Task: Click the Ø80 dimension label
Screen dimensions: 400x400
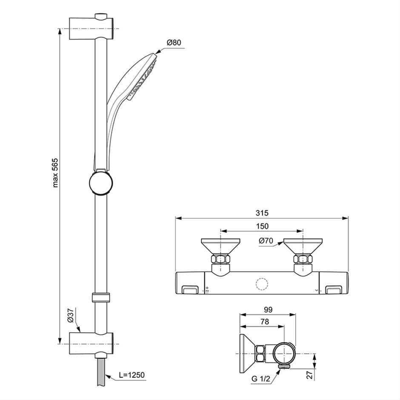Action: click(x=174, y=43)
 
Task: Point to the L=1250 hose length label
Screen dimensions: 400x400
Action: click(x=131, y=375)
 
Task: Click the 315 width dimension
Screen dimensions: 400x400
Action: click(x=262, y=213)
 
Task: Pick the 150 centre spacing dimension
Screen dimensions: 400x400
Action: click(x=262, y=226)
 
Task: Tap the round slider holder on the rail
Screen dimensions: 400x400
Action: click(x=101, y=183)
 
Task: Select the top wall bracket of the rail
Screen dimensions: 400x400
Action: click(x=91, y=29)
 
